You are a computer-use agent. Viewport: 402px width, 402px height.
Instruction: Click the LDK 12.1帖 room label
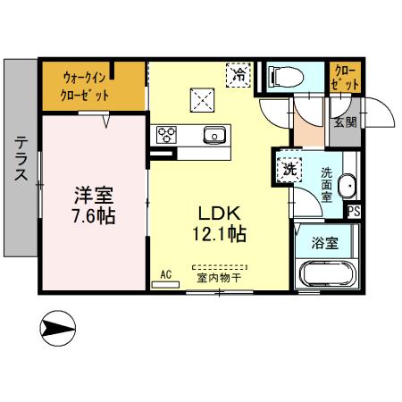coord(217,224)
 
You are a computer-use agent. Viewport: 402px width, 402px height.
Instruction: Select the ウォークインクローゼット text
coord(87,86)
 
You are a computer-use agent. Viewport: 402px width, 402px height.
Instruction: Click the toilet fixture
coord(285,77)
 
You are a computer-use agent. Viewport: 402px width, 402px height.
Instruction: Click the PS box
coord(354,212)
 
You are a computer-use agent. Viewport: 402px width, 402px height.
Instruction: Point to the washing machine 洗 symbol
coord(289,166)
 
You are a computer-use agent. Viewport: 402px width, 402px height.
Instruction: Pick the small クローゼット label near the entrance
coord(345,77)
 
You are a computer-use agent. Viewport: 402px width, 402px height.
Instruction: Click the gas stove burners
coord(167,135)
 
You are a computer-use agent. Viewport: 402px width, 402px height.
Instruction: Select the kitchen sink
coord(214,135)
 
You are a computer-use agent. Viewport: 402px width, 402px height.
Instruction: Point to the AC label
coord(165,274)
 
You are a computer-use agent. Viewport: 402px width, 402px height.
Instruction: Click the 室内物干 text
coord(218,277)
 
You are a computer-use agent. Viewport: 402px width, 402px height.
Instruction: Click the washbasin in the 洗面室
coord(349,187)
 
